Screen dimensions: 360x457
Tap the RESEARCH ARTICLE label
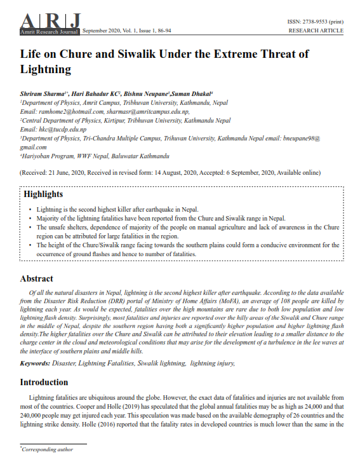click(316, 31)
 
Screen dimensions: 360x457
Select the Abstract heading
click(37, 279)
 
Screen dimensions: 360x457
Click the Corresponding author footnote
click(48, 449)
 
